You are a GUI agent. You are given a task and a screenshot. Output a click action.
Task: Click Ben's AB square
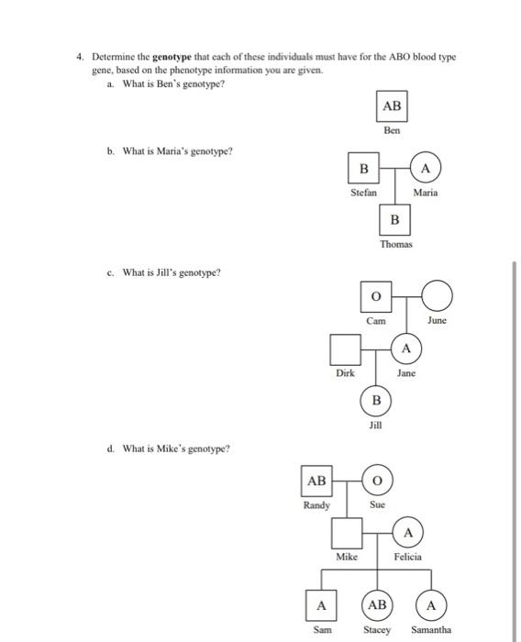pyautogui.click(x=392, y=106)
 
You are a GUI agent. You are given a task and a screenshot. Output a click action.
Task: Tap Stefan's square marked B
pyautogui.click(x=363, y=169)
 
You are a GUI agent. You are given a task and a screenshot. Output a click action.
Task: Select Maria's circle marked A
pyautogui.click(x=425, y=169)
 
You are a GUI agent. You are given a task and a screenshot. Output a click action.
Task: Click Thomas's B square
pyautogui.click(x=394, y=220)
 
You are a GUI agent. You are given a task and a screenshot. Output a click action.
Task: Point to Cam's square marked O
pyautogui.click(x=376, y=297)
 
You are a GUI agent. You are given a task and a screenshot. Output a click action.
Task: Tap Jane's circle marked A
pyautogui.click(x=405, y=349)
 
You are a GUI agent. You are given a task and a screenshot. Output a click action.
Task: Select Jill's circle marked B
pyautogui.click(x=376, y=402)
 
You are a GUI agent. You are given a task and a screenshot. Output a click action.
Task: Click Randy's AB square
pyautogui.click(x=316, y=481)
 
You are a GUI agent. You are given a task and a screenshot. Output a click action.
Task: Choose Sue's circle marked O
pyautogui.click(x=376, y=481)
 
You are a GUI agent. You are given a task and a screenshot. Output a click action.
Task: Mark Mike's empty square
pyautogui.click(x=346, y=532)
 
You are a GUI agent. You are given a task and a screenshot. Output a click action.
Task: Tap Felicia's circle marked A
pyautogui.click(x=408, y=533)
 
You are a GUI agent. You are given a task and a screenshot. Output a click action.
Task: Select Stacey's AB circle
pyautogui.click(x=376, y=605)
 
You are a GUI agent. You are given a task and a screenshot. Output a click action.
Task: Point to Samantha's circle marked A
pyautogui.click(x=431, y=605)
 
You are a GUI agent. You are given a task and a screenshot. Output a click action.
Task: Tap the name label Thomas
pyautogui.click(x=396, y=244)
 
